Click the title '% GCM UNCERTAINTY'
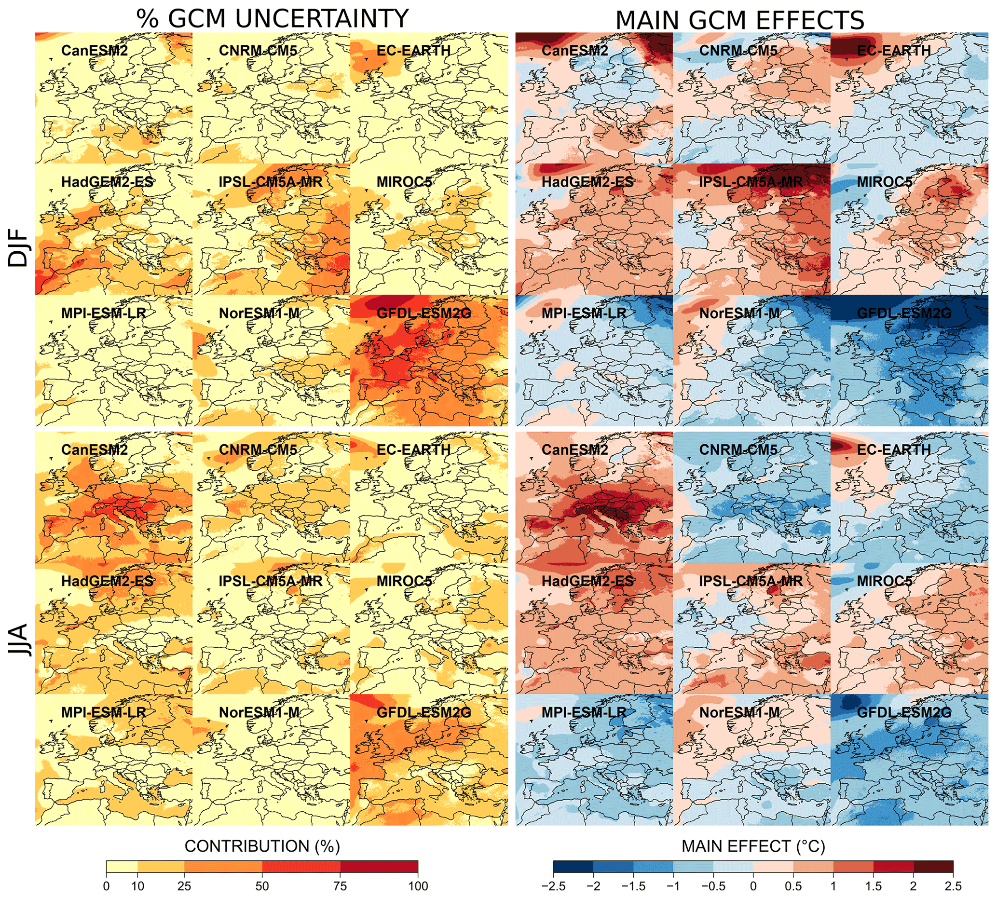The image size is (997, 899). pyautogui.click(x=272, y=19)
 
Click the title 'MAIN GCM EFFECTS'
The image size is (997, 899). pyautogui.click(x=739, y=21)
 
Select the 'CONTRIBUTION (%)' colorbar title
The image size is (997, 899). pyautogui.click(x=262, y=846)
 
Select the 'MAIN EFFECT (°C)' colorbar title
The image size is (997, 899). pyautogui.click(x=753, y=846)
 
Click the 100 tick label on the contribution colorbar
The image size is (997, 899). pyautogui.click(x=418, y=886)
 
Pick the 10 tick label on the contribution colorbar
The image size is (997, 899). pyautogui.click(x=137, y=886)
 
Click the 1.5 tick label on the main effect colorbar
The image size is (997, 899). pyautogui.click(x=873, y=886)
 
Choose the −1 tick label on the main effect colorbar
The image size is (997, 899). pyautogui.click(x=672, y=886)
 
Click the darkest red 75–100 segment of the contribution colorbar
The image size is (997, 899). pyautogui.click(x=379, y=867)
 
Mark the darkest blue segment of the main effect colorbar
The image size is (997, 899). pyautogui.click(x=573, y=867)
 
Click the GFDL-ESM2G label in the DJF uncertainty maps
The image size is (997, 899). pyautogui.click(x=423, y=313)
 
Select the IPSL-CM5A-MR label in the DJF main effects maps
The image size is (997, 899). pyautogui.click(x=751, y=182)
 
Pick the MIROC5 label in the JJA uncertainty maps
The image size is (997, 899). pyautogui.click(x=404, y=581)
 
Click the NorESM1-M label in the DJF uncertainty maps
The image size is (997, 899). pyautogui.click(x=259, y=313)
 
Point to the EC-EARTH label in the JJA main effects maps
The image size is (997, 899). pyautogui.click(x=893, y=449)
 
